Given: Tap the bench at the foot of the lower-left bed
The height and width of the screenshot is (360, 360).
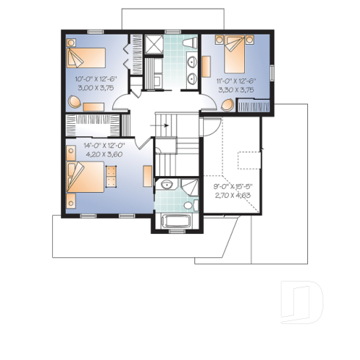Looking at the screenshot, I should [111, 176].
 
